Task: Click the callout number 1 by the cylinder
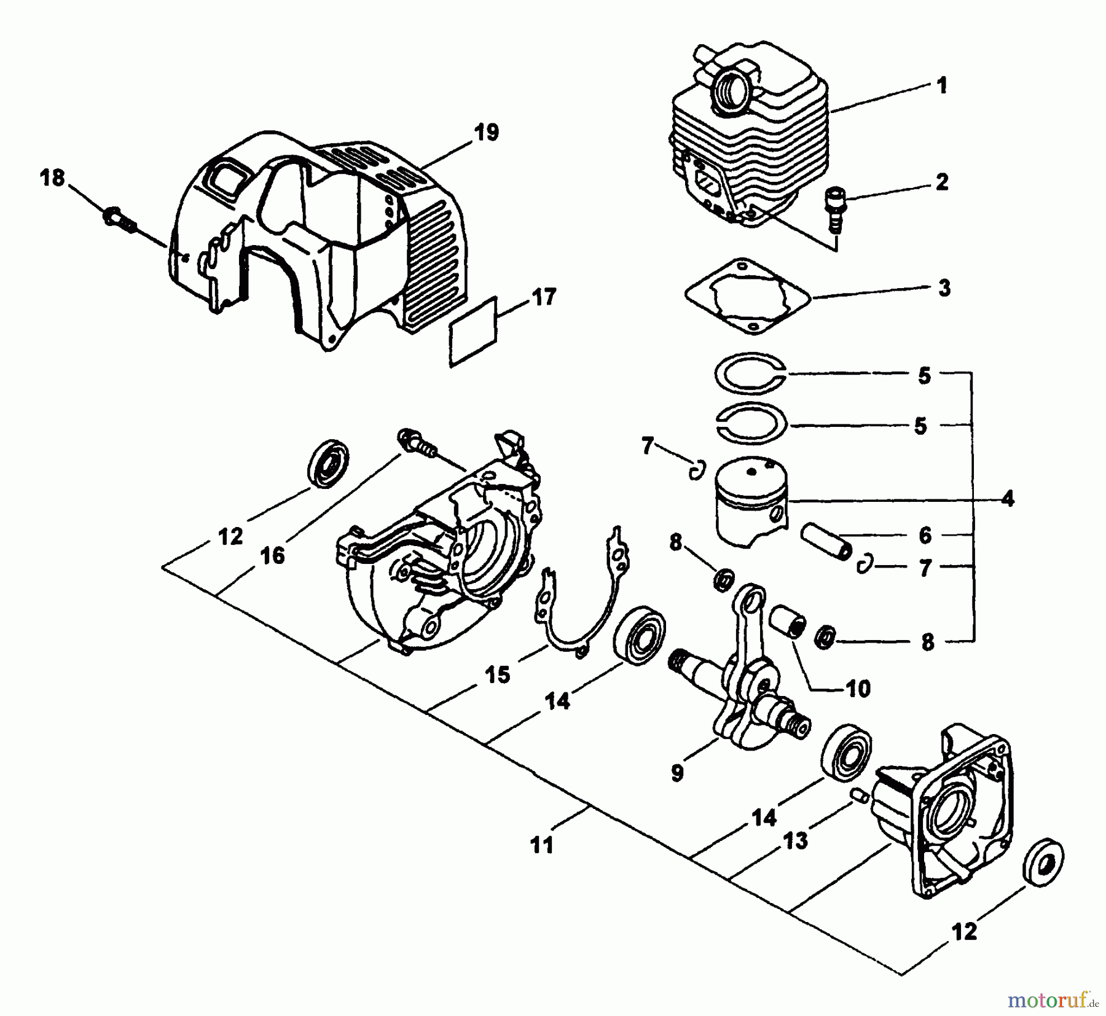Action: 941,86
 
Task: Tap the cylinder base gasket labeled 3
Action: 748,296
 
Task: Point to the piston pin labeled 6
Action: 826,540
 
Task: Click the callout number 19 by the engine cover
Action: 487,132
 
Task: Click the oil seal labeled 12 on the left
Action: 327,464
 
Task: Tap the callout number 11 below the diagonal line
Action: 542,845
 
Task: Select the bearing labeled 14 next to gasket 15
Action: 640,636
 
